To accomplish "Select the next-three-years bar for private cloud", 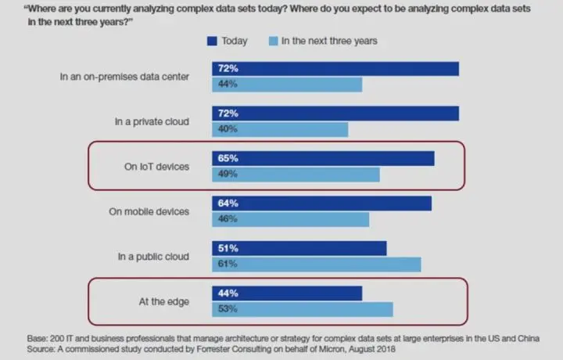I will [x=280, y=129].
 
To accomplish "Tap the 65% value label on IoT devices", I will [x=229, y=158].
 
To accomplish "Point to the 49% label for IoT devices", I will [x=229, y=174].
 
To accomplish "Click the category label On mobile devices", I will [x=149, y=211].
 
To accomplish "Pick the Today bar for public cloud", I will [x=299, y=248].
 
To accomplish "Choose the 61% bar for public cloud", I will [x=317, y=264].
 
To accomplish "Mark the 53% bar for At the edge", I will [x=303, y=309].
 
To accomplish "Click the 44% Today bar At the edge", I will [x=287, y=293].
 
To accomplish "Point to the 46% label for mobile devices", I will [x=229, y=219].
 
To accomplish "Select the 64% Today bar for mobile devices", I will [x=321, y=203].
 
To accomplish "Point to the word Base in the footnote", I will [x=38, y=338].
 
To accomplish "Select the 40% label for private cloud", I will [x=229, y=129].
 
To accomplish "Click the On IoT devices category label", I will [x=156, y=166].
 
